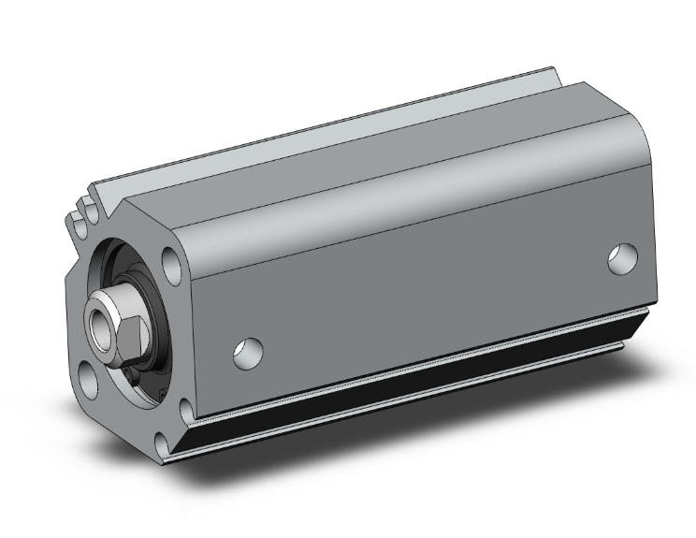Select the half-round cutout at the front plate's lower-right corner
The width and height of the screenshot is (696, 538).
point(184,406)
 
